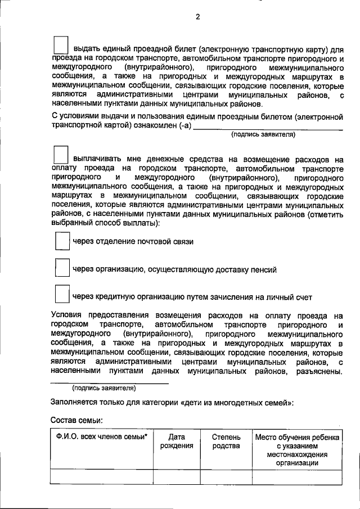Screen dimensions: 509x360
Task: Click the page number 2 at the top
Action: [197, 16]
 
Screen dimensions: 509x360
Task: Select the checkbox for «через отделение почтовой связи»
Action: [61, 241]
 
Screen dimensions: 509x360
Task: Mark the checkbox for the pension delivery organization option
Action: [61, 268]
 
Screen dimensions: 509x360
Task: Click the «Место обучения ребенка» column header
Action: [297, 438]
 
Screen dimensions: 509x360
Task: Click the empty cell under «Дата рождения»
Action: [177, 477]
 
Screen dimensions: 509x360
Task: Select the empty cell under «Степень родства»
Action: [226, 477]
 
